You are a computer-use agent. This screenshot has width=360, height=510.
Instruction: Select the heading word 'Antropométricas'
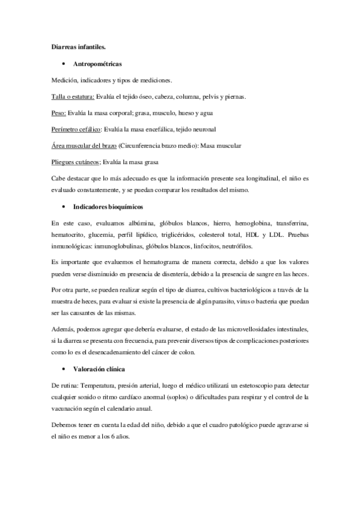(x=97, y=63)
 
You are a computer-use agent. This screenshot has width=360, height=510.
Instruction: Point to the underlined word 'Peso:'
(x=59, y=112)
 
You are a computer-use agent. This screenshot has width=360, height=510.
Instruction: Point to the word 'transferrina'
(x=292, y=223)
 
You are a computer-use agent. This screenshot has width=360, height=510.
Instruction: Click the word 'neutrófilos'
(x=235, y=246)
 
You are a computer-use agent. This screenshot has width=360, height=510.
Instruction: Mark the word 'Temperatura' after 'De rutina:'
(x=99, y=384)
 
